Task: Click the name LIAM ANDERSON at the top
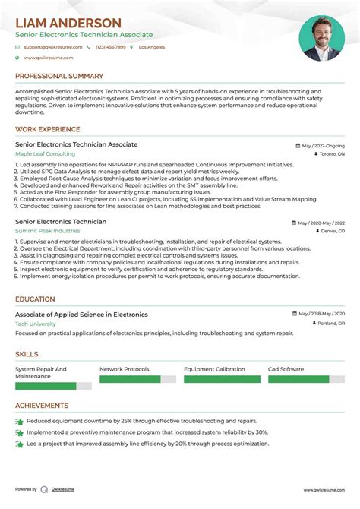pyautogui.click(x=68, y=23)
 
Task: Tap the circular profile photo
pyautogui.click(x=321, y=38)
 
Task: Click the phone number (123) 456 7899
pyautogui.click(x=111, y=47)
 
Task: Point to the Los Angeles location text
pyautogui.click(x=152, y=47)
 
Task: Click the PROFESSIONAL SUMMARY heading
pyautogui.click(x=59, y=77)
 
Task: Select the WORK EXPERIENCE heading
pyautogui.click(x=49, y=129)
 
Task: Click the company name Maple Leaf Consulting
pyautogui.click(x=45, y=153)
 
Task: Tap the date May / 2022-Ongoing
pyautogui.click(x=323, y=145)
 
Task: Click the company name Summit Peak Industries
pyautogui.click(x=47, y=231)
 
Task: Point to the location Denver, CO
pyautogui.click(x=332, y=231)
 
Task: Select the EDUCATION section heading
pyautogui.click(x=35, y=299)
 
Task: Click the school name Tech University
pyautogui.click(x=35, y=324)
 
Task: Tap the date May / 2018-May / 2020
pyautogui.click(x=321, y=314)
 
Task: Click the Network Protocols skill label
pyautogui.click(x=125, y=369)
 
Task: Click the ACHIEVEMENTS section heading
pyautogui.click(x=42, y=406)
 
